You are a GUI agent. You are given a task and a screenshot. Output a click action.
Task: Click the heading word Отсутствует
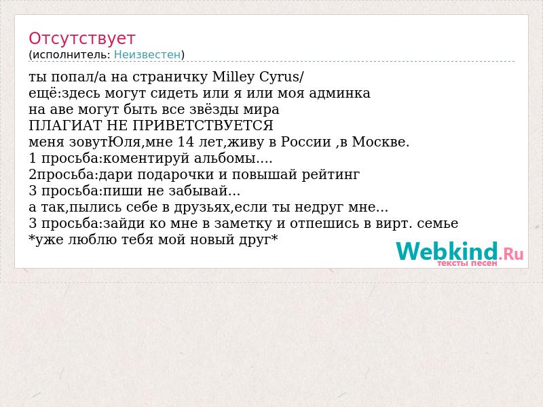point(81,39)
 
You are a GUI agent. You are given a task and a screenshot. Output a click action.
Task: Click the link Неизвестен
point(147,55)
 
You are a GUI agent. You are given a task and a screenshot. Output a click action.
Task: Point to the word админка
point(339,93)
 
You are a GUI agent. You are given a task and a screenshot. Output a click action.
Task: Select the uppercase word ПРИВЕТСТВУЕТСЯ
point(203,125)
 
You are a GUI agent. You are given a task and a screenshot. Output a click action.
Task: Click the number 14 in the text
point(186,142)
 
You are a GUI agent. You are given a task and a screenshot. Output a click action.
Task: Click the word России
point(306,142)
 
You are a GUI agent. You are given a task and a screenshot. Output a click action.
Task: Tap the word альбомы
point(225,159)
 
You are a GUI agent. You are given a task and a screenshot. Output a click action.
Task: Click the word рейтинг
point(331,175)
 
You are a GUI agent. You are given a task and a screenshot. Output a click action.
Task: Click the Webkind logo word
point(447,251)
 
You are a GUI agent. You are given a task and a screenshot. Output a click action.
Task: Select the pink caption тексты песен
point(467,263)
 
